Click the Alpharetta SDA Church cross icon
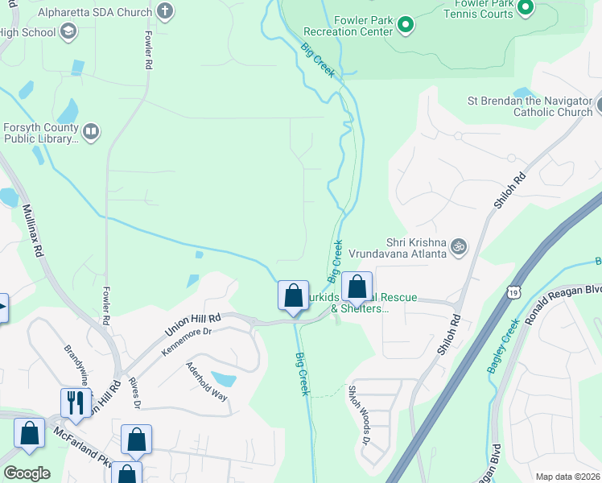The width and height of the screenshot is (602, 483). point(165,11)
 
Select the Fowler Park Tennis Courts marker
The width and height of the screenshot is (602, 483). point(526,8)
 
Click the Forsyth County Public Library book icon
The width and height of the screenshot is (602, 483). point(91,131)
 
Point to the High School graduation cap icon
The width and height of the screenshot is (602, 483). point(68,31)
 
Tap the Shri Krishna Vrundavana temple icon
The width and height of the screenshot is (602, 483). point(459,246)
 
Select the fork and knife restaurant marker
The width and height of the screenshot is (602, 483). point(75,402)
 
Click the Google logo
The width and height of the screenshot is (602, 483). point(26,473)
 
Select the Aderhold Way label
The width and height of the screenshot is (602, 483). point(207,382)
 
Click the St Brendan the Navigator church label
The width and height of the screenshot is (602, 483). point(530,106)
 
